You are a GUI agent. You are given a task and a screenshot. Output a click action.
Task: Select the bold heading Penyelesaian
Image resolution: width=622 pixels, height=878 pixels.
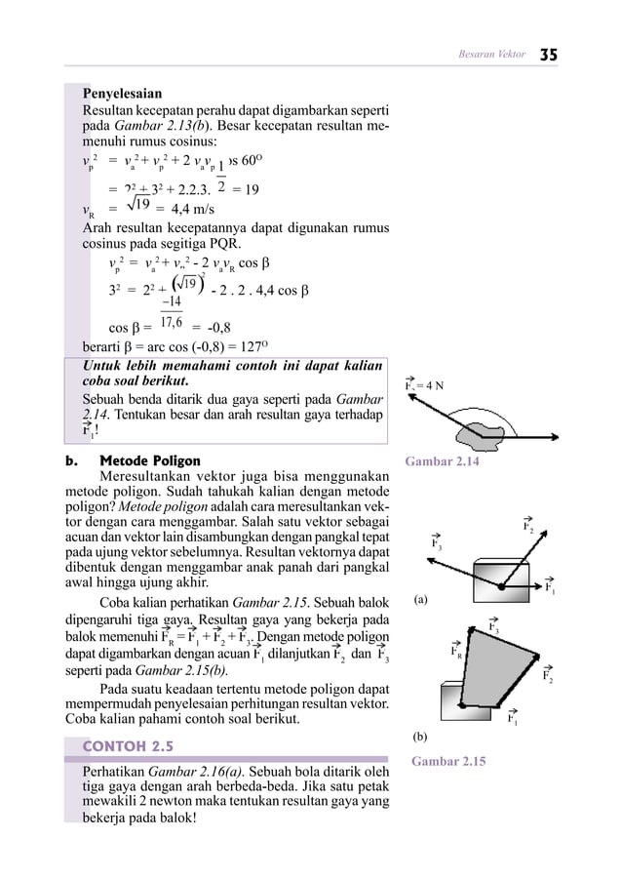click(x=122, y=96)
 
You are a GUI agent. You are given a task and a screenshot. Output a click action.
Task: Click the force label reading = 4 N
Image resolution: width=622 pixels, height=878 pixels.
click(x=430, y=383)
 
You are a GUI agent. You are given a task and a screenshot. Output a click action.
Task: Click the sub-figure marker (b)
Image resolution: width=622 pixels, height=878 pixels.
click(x=420, y=737)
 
